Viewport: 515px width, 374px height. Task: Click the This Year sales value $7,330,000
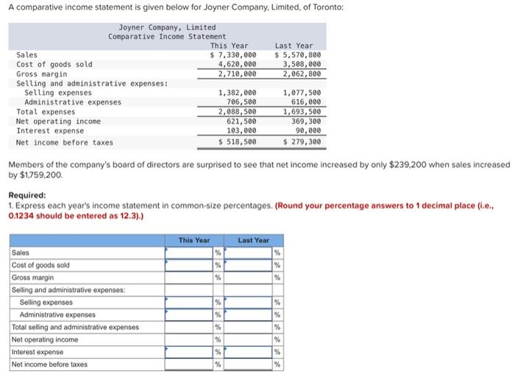click(x=234, y=55)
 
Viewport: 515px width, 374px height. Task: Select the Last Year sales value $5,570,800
click(x=298, y=55)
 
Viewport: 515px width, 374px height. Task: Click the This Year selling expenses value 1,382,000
click(x=237, y=93)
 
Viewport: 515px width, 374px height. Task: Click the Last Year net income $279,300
click(x=299, y=141)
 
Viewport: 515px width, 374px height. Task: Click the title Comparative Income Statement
click(x=167, y=37)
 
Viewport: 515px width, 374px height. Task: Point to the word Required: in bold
click(x=28, y=195)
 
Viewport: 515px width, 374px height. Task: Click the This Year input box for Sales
click(x=188, y=253)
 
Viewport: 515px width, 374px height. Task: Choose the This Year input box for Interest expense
click(x=188, y=352)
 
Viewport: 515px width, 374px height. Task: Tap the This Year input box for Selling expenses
click(x=188, y=303)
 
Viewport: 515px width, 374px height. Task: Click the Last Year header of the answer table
click(x=253, y=240)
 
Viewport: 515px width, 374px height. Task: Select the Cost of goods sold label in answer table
click(x=41, y=265)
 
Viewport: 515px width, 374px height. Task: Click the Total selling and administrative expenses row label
click(x=75, y=327)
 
